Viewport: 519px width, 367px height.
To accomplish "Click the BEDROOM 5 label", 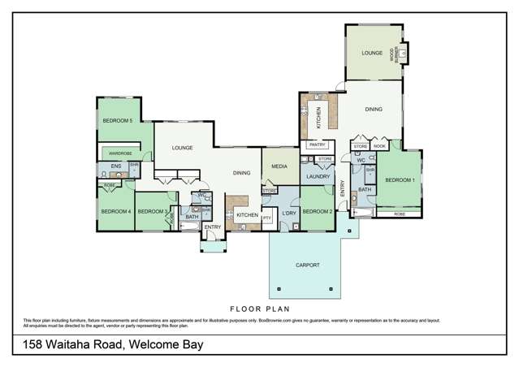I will click(x=117, y=121).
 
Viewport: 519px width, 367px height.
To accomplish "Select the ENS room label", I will click(x=115, y=167).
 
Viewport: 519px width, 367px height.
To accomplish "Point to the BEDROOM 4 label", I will click(x=115, y=211).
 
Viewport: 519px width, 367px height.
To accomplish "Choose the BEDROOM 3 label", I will click(x=153, y=211).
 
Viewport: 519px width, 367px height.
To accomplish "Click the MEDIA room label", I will click(x=279, y=166).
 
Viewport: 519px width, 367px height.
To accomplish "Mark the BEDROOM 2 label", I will click(x=318, y=211).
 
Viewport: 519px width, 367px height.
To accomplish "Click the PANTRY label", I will click(x=316, y=145).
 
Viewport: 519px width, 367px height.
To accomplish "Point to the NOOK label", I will click(x=379, y=146).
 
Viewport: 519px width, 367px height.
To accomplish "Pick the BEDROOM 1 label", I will click(x=400, y=179).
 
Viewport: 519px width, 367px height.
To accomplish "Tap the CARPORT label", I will click(x=307, y=265).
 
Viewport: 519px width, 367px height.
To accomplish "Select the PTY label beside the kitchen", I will click(x=266, y=218).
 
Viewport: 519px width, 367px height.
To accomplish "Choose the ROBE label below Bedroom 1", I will click(x=400, y=214).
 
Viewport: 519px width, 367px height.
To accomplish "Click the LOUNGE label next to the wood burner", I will click(x=372, y=53).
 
